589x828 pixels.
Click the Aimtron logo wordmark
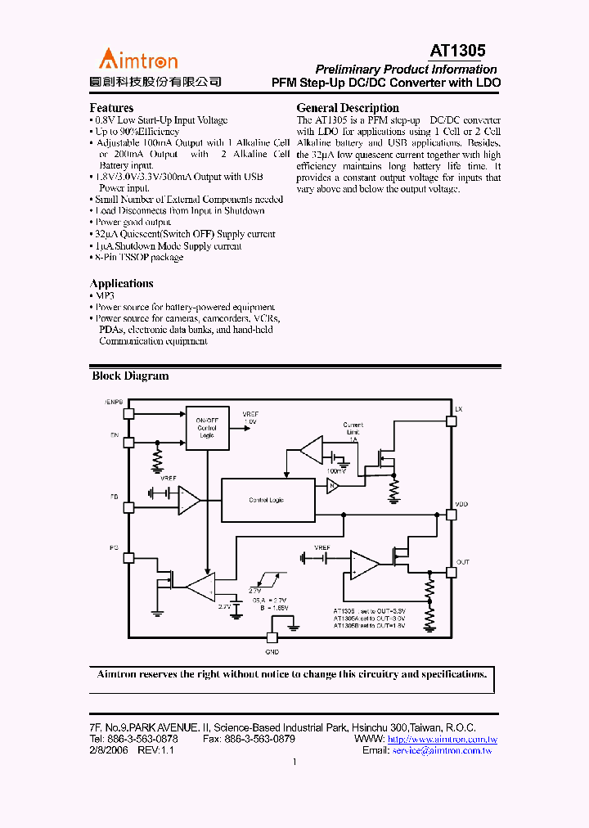(138, 59)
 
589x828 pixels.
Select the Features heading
(111, 108)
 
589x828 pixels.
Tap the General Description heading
(348, 108)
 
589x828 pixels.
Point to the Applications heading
(121, 284)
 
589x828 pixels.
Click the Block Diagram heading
(130, 376)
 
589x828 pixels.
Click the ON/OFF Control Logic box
(208, 427)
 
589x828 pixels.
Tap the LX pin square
(451, 421)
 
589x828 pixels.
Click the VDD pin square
(451, 515)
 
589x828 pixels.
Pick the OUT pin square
(451, 572)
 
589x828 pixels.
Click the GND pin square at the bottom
(272, 638)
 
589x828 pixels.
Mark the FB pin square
(128, 507)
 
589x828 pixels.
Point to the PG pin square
(128, 558)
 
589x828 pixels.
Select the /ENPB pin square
(128, 412)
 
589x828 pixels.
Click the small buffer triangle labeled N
(333, 485)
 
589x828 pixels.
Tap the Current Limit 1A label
(353, 432)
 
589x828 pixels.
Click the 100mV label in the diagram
(335, 471)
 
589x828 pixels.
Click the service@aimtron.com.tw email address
(442, 750)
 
